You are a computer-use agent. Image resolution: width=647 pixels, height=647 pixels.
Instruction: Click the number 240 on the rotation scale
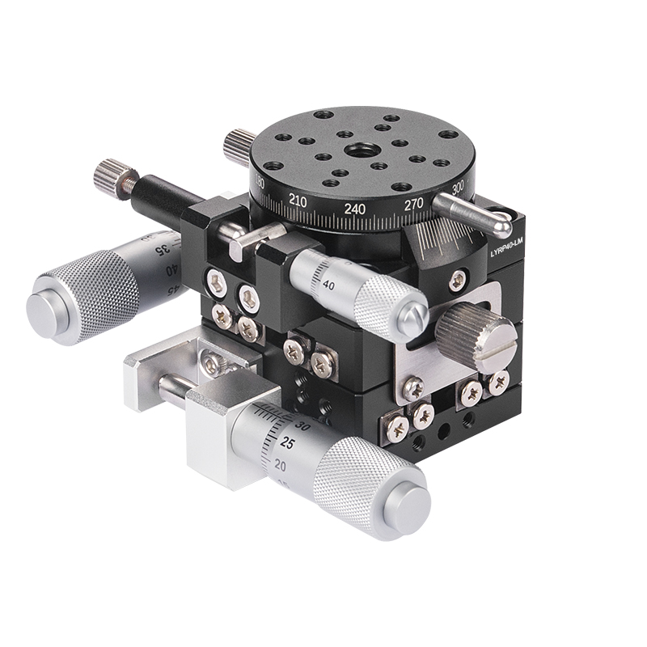click(x=354, y=209)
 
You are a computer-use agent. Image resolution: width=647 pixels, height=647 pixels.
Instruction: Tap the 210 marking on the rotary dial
click(x=298, y=200)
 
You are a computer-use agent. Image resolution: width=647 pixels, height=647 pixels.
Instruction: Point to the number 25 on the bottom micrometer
click(x=287, y=443)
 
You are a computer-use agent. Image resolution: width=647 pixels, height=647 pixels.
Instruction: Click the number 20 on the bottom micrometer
click(x=281, y=466)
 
